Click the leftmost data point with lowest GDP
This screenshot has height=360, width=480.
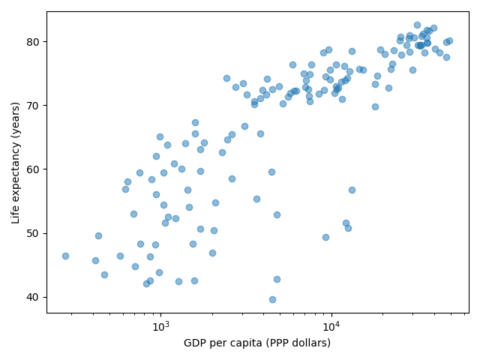pyautogui.click(x=65, y=256)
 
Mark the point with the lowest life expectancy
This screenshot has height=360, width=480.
pyautogui.click(x=272, y=299)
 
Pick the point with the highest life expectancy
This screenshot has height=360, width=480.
pyautogui.click(x=417, y=25)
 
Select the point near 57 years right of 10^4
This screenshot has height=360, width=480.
pyautogui.click(x=352, y=190)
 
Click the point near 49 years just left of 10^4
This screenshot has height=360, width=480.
pyautogui.click(x=325, y=237)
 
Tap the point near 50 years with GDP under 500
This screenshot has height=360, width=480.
pyautogui.click(x=98, y=235)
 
